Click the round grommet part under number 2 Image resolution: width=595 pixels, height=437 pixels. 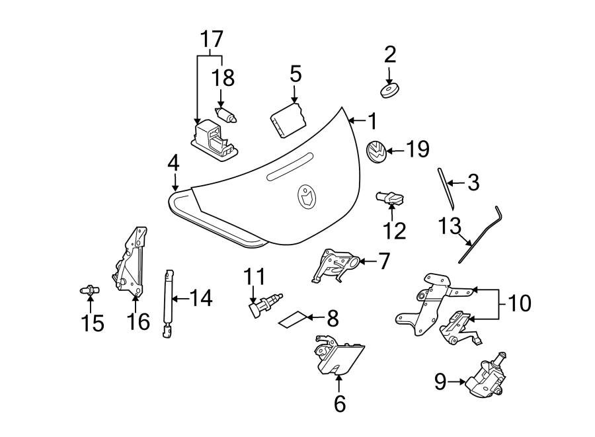391,90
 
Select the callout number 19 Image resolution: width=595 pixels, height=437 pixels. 417,149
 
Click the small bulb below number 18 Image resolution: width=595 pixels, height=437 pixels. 227,116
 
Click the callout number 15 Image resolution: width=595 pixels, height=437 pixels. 93,323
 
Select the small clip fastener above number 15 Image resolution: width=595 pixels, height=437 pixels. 89,289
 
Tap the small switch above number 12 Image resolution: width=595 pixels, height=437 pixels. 391,197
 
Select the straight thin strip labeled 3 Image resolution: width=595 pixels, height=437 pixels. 445,186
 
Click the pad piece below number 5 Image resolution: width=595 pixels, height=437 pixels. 288,120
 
